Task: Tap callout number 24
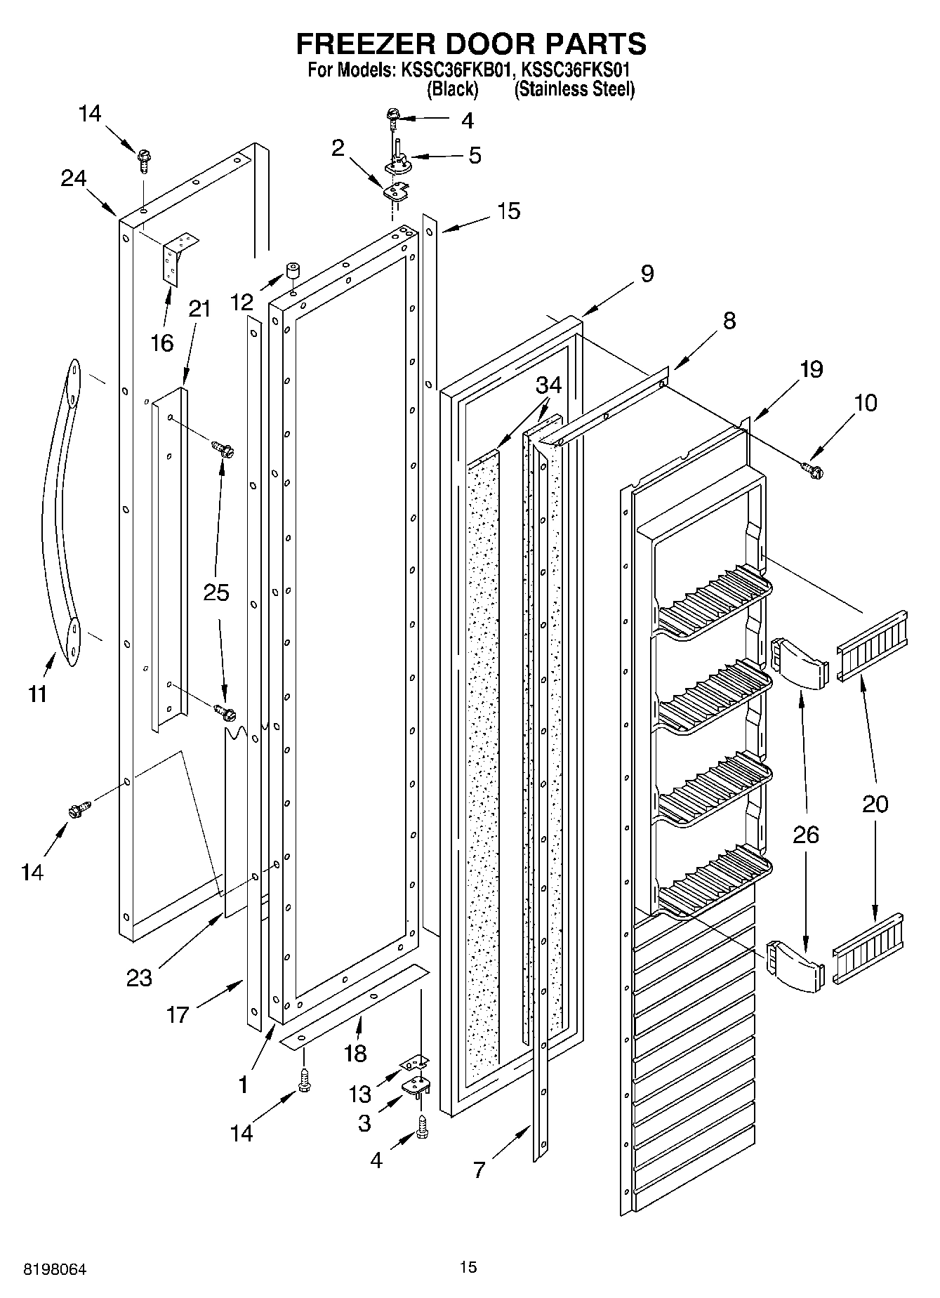(x=73, y=179)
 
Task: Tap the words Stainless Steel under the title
(x=574, y=90)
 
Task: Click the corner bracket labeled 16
(x=178, y=257)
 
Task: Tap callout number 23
(x=139, y=976)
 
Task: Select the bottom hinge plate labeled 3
(x=416, y=1088)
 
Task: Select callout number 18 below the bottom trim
(x=356, y=1053)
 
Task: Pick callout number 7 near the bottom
(x=479, y=1170)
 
